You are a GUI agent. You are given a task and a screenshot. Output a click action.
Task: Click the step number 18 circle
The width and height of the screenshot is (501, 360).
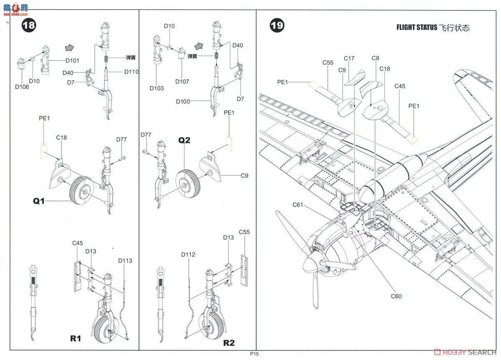pyautogui.click(x=29, y=25)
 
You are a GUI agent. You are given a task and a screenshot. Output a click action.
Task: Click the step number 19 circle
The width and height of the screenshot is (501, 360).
pyautogui.click(x=277, y=25)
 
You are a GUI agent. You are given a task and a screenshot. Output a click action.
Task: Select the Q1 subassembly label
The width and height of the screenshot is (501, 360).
pyautogui.click(x=39, y=201)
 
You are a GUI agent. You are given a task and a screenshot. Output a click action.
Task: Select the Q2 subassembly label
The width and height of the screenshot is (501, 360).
pyautogui.click(x=184, y=140)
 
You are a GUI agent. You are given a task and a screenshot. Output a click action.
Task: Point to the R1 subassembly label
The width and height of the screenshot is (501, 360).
pyautogui.click(x=75, y=338)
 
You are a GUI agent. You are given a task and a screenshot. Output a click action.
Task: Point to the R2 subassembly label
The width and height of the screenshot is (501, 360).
pyautogui.click(x=229, y=342)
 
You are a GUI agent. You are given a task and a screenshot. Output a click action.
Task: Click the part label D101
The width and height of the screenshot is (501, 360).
pyautogui.click(x=72, y=60)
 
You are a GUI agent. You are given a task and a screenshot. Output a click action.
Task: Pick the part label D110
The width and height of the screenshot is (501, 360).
pyautogui.click(x=131, y=72)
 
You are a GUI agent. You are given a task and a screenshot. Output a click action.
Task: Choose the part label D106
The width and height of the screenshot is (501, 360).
pyautogui.click(x=22, y=87)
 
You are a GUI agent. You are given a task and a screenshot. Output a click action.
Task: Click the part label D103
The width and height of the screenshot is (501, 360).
pyautogui.click(x=157, y=88)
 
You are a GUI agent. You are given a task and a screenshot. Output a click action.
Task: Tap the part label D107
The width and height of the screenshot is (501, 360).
pyautogui.click(x=182, y=81)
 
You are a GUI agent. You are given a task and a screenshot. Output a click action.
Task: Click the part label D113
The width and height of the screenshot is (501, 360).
pyautogui.click(x=125, y=261)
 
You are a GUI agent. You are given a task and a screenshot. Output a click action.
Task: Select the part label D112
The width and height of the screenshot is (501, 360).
pyautogui.click(x=188, y=254)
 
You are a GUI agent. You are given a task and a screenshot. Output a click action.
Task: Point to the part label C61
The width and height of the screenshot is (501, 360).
pyautogui.click(x=298, y=204)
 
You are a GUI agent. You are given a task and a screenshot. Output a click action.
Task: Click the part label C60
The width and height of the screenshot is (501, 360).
pyautogui.click(x=396, y=296)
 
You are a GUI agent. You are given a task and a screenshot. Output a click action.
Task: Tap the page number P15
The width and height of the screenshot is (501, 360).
pyautogui.click(x=255, y=354)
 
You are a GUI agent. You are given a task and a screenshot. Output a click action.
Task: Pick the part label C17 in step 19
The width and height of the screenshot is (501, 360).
pyautogui.click(x=349, y=58)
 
